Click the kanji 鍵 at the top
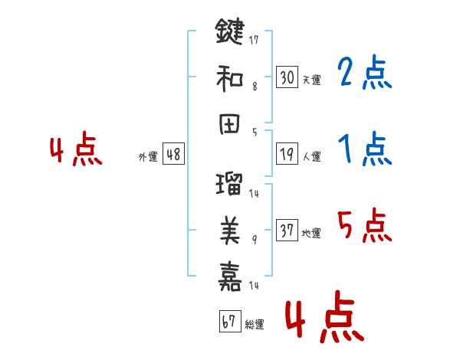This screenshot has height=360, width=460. [x=230, y=31]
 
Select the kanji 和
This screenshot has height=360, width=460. [x=229, y=78]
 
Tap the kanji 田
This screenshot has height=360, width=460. [x=229, y=124]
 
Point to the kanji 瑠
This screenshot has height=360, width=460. [x=229, y=184]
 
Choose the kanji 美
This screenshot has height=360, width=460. [x=230, y=230]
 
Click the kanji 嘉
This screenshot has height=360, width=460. [x=230, y=277]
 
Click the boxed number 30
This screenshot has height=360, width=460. [x=287, y=77]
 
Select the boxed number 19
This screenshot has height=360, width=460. [x=287, y=154]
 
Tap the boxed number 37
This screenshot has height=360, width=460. [x=287, y=230]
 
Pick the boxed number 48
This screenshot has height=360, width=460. [x=173, y=154]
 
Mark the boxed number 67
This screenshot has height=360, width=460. [x=230, y=321]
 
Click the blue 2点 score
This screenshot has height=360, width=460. [x=365, y=73]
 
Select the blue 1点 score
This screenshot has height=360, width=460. [x=365, y=149]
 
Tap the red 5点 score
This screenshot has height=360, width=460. [x=365, y=225]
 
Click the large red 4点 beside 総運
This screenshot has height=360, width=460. [x=325, y=316]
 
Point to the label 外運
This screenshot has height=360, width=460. [x=148, y=157]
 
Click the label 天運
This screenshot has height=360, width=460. [x=312, y=80]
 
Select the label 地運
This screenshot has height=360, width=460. [x=311, y=234]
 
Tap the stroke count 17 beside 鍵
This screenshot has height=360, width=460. [x=254, y=40]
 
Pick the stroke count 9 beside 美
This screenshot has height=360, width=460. [x=255, y=240]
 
